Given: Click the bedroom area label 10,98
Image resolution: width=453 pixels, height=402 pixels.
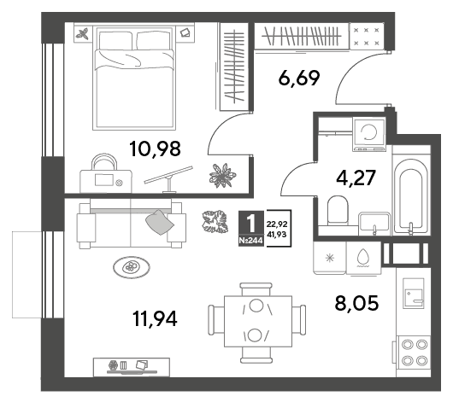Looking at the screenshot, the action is (156, 149).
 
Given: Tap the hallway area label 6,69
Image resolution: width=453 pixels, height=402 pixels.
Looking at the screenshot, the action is (299, 78).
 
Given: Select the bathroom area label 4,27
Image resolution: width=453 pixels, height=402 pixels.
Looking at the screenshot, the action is (356, 178).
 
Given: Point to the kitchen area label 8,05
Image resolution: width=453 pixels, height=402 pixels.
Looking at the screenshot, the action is (356, 303).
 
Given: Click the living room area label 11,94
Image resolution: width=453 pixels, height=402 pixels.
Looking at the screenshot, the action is (155, 318).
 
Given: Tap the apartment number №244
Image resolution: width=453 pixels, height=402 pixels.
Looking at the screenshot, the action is (251, 241).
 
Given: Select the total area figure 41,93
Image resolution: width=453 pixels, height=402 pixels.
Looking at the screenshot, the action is (277, 235).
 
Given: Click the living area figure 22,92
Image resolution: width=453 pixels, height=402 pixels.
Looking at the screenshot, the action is (277, 224).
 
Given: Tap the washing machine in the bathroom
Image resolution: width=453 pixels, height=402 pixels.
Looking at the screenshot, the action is (369, 134).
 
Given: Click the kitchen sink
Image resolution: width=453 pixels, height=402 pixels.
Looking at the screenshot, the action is (414, 293).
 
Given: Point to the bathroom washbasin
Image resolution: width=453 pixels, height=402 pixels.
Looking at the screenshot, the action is (374, 224).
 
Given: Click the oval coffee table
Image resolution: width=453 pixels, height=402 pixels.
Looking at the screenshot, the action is (132, 267).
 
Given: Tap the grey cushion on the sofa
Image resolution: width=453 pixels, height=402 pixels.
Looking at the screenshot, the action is (160, 222).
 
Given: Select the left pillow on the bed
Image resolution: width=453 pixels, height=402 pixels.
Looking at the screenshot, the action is (115, 40).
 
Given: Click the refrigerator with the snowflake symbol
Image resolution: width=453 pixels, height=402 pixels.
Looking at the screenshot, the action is (330, 258).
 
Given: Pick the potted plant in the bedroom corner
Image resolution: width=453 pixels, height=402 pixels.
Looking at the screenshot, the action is (222, 176).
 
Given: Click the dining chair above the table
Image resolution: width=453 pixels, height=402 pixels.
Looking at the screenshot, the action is (256, 289).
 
